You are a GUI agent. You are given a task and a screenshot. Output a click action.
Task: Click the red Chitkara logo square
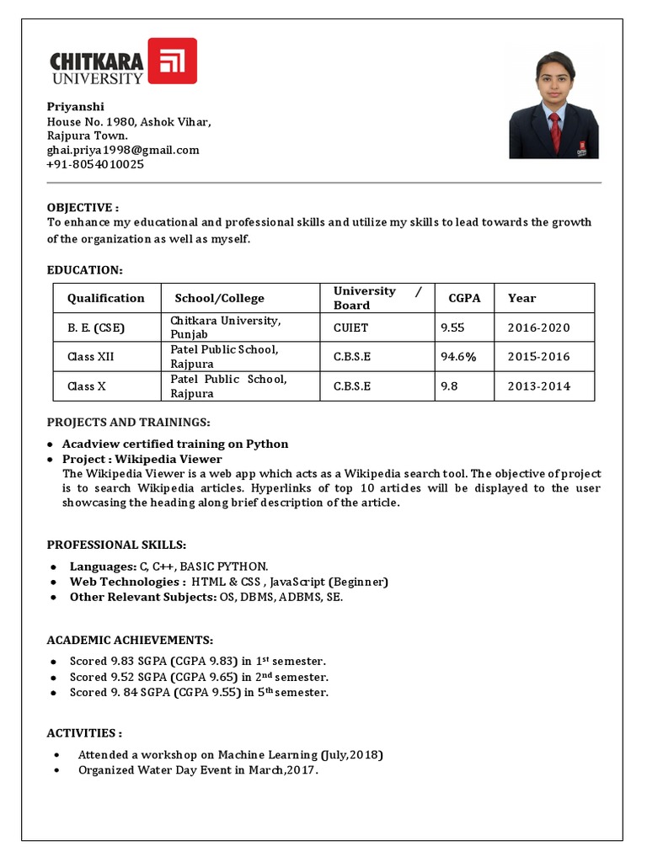pyautogui.click(x=172, y=61)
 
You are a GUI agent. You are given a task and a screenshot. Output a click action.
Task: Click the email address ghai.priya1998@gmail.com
pyautogui.click(x=123, y=150)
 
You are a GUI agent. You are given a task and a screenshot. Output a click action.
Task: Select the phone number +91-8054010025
pyautogui.click(x=95, y=164)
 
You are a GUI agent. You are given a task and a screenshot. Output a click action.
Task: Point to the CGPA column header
pyautogui.click(x=464, y=298)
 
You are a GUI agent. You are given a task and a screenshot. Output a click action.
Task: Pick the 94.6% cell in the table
pyautogui.click(x=458, y=356)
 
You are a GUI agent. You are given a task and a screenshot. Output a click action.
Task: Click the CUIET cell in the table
pyautogui.click(x=350, y=327)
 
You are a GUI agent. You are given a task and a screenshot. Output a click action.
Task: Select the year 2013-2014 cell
pyautogui.click(x=538, y=386)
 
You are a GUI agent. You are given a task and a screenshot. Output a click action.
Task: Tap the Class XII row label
pyautogui.click(x=90, y=356)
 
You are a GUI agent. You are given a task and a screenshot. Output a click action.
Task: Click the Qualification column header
pyautogui.click(x=105, y=298)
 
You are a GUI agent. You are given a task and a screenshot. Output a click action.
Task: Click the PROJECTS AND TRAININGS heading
pyautogui.click(x=128, y=421)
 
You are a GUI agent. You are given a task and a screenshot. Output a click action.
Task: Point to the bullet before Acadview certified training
pyautogui.click(x=51, y=444)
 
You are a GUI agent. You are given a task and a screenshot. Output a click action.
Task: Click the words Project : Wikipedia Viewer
pyautogui.click(x=142, y=459)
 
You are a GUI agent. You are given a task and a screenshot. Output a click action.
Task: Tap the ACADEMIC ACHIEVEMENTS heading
pyautogui.click(x=130, y=640)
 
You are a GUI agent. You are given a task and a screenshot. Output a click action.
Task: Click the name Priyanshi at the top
pyautogui.click(x=76, y=107)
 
